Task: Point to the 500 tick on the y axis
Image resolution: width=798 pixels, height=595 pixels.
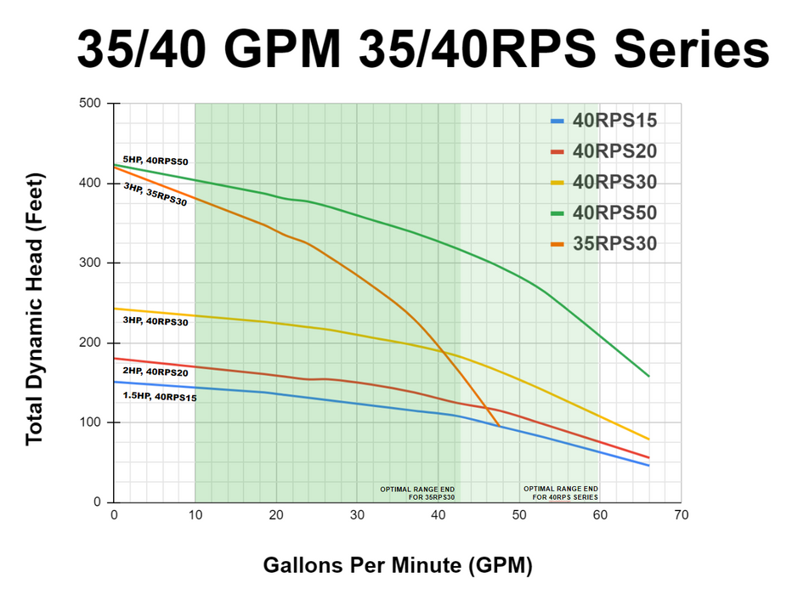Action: [91, 104]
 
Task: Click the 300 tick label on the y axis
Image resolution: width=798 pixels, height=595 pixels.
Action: [91, 263]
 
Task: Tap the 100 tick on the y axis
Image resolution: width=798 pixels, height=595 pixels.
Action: [91, 422]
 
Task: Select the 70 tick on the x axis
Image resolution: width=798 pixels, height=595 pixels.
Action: [681, 515]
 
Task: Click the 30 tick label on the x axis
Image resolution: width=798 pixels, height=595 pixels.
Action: [357, 515]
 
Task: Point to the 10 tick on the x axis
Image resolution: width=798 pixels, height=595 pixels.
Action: [195, 515]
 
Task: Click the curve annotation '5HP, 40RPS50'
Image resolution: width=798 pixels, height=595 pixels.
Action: [156, 160]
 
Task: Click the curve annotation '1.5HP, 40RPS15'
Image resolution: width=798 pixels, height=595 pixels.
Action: [160, 396]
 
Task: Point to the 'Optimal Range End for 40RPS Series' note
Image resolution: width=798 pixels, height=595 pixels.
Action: [561, 493]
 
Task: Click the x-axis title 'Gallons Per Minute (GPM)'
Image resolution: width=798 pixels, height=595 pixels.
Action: [397, 565]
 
